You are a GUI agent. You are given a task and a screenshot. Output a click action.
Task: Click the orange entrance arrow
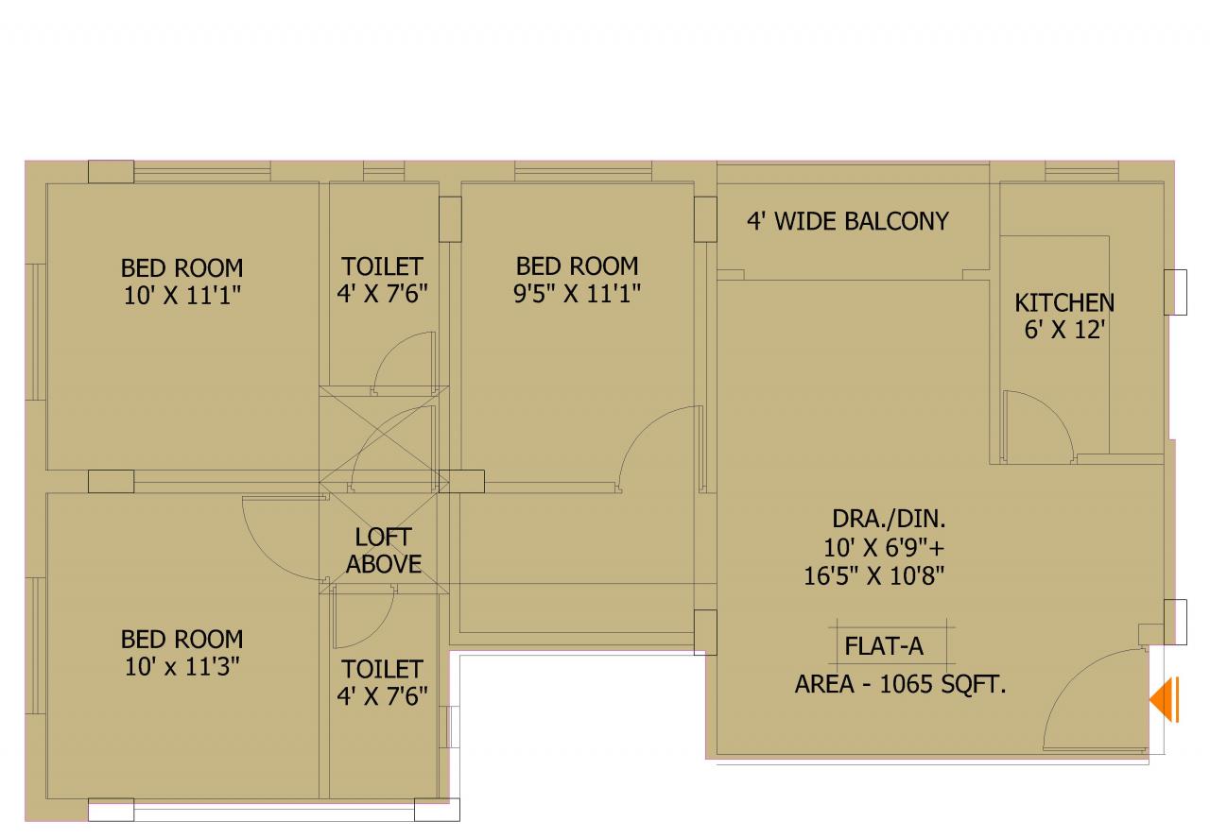[x=1164, y=699]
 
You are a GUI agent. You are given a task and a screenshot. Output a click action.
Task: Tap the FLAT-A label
[x=884, y=646]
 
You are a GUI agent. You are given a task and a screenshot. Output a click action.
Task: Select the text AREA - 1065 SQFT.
[x=901, y=685]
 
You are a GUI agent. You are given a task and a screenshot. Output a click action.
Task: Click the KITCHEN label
[x=1064, y=303]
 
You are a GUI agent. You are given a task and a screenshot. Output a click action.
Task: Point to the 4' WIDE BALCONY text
[x=848, y=221]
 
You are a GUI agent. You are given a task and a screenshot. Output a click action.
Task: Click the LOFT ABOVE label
[x=384, y=550]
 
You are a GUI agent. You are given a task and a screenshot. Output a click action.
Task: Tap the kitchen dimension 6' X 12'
[x=1064, y=330]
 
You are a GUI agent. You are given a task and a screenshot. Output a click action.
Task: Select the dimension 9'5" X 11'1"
[x=577, y=294]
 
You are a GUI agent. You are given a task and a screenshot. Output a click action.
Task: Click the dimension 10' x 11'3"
[x=182, y=667]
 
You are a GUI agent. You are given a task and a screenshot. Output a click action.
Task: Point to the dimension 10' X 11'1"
[x=182, y=296]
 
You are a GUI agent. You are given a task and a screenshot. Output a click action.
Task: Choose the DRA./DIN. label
[x=889, y=519]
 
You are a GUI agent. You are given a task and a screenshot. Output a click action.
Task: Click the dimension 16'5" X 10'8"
[x=874, y=576]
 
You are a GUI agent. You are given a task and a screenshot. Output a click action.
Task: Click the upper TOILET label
[x=382, y=266]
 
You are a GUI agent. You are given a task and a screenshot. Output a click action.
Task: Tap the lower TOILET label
[x=382, y=670]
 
